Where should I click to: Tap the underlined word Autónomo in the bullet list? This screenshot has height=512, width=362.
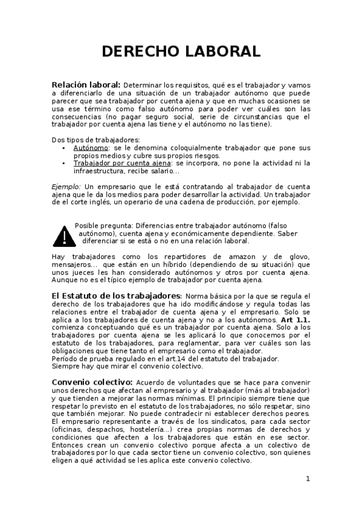(91, 147)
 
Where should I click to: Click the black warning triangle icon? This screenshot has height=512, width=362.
(62, 234)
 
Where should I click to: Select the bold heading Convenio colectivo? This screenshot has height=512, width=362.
(92, 382)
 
